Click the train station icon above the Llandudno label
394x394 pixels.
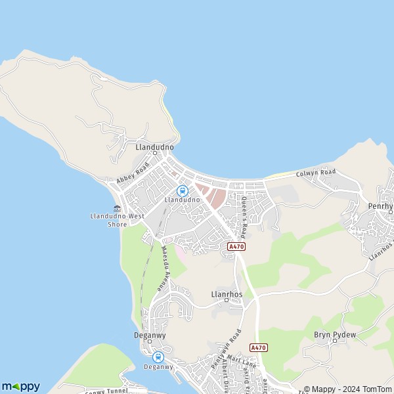pos(183,190)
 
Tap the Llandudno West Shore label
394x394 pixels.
pos(118,219)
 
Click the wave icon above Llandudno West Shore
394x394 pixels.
pos(118,208)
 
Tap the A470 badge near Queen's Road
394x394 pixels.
pos(236,246)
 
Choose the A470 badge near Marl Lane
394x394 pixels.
pos(258,347)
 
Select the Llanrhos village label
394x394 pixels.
pos(227,294)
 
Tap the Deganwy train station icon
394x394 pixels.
pos(158,357)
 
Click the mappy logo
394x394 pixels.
pos(20,386)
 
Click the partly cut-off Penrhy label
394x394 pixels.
pos(380,206)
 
